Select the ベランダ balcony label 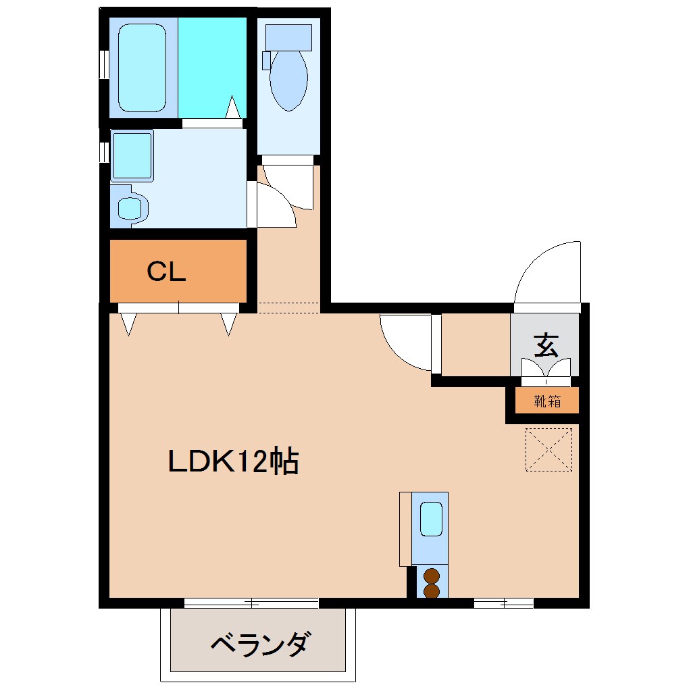pos(260,644)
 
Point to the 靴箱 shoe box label pos(547,401)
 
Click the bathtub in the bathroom pos(142,65)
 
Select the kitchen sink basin pos(430,519)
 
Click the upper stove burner pos(431,577)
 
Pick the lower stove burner pos(431,591)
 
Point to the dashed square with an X pos(548,449)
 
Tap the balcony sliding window pos(251,603)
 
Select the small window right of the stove pos(503,603)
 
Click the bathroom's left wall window pos(104,64)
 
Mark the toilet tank pos(288,37)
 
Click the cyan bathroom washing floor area pos(211,65)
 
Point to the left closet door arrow pos(128,324)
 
